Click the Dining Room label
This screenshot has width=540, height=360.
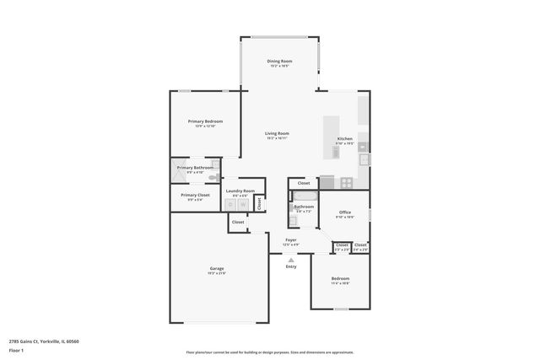click(x=279, y=62)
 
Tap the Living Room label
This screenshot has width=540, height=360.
click(x=278, y=133)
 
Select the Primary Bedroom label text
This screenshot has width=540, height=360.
click(x=205, y=121)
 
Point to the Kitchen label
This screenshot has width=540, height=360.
click(x=344, y=139)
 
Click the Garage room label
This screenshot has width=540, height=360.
click(x=216, y=269)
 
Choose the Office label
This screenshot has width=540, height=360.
click(x=344, y=212)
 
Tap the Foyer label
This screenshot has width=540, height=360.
click(x=290, y=240)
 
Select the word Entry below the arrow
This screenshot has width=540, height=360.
click(x=291, y=266)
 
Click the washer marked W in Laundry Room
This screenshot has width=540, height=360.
click(x=242, y=205)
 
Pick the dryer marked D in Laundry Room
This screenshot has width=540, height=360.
click(x=231, y=205)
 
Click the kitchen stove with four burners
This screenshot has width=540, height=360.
click(x=347, y=182)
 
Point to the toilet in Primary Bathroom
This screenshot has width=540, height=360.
click(x=216, y=177)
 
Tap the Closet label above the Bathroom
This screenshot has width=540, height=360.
click(x=303, y=183)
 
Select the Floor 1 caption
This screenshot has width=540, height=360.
click(x=16, y=349)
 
